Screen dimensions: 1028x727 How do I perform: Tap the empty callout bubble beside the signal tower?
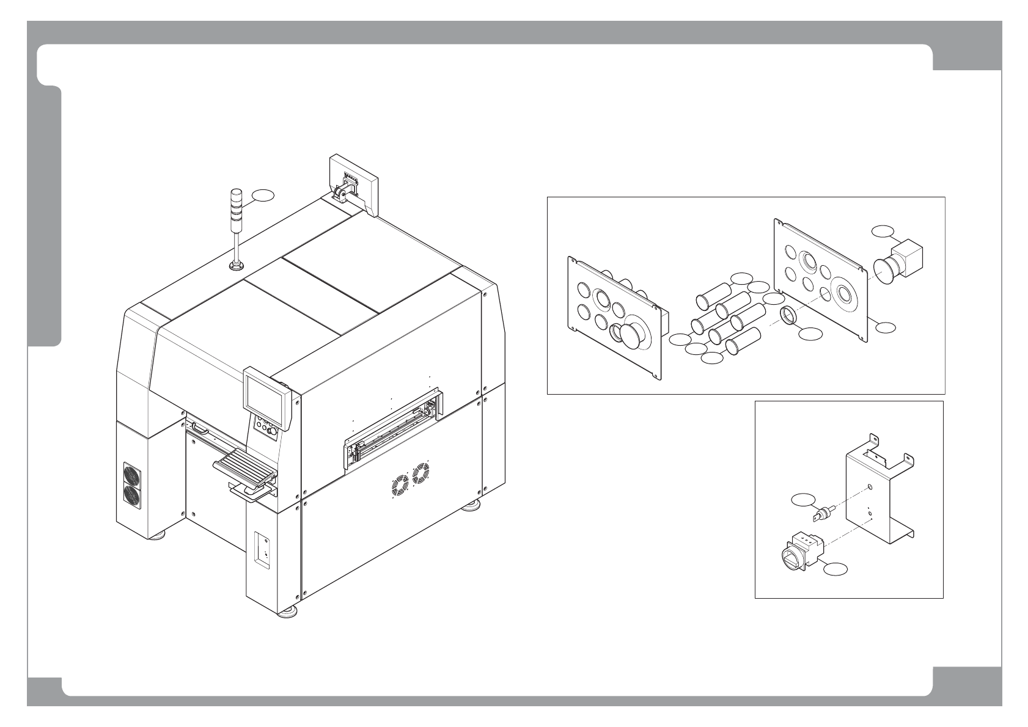click(263, 195)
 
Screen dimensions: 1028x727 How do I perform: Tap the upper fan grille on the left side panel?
click(132, 475)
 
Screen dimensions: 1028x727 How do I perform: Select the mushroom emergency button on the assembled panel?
click(629, 336)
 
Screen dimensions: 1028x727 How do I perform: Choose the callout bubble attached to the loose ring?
click(811, 334)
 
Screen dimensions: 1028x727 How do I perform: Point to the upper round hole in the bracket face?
click(869, 488)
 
